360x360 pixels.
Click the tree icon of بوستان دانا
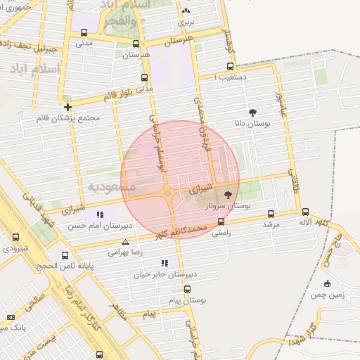(x=253, y=112)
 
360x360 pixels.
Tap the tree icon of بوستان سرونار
(x=228, y=194)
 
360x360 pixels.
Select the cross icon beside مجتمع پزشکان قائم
(x=67, y=107)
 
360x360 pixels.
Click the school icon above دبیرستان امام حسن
(x=100, y=214)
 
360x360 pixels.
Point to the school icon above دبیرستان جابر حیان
(x=165, y=263)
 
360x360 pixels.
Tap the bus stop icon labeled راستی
(x=221, y=221)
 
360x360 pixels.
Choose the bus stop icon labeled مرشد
(x=271, y=214)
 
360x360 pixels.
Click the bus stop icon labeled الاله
(x=305, y=211)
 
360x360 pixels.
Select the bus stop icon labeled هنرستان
(x=136, y=44)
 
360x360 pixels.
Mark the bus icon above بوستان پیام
(x=187, y=289)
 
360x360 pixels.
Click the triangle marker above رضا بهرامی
(x=125, y=242)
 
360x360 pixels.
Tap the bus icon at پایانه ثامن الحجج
(x=65, y=255)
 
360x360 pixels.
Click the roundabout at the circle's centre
(x=167, y=193)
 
